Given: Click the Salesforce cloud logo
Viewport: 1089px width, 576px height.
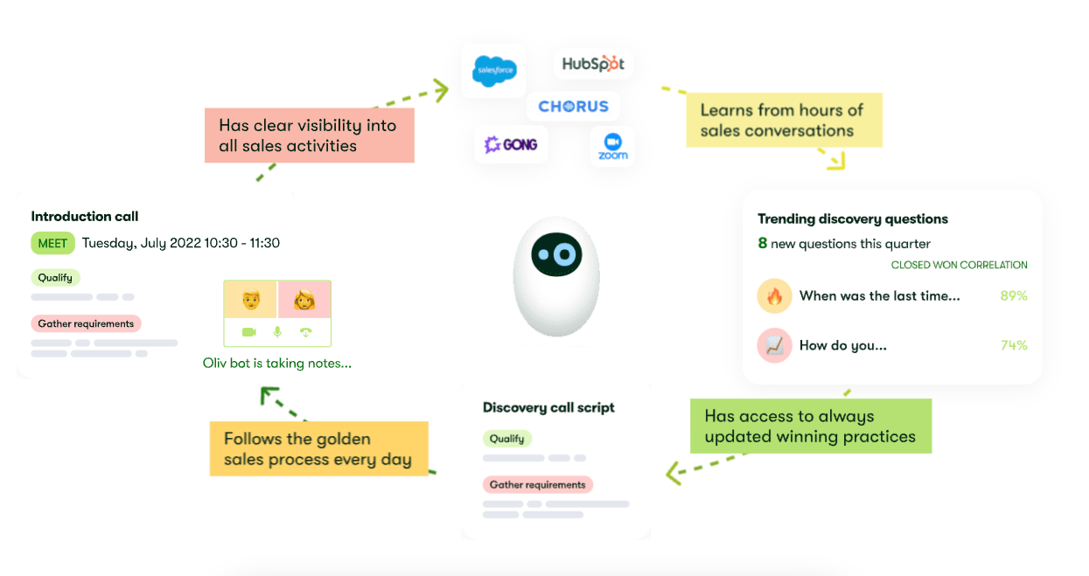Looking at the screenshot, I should point(494,70).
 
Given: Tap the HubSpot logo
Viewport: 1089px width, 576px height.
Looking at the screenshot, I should point(593,64).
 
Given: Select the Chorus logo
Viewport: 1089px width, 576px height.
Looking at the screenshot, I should point(573,107).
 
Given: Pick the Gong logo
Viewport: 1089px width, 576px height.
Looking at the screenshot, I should point(511,144).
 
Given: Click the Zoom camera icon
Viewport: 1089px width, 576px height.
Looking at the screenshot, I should point(612,142).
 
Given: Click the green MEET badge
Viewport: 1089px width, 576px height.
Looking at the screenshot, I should point(52,243).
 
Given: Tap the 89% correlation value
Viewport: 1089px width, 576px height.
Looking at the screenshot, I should point(1014,296).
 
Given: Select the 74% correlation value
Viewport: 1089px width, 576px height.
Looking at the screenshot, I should point(1014,345).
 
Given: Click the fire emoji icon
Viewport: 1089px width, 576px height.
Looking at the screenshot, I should point(774,296).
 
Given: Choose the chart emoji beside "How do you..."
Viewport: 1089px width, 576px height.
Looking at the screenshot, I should point(774,346).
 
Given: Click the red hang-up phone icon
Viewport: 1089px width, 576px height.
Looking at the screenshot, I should point(305,332).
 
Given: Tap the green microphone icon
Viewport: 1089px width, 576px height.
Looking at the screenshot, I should point(277,332).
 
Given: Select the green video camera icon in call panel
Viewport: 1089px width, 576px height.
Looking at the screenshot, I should point(249,332).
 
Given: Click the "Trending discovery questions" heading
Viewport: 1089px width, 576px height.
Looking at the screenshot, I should point(852,219).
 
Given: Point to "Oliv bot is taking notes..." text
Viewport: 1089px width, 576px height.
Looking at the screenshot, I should point(277,363).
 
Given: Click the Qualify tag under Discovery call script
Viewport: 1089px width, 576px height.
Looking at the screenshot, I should point(507,439).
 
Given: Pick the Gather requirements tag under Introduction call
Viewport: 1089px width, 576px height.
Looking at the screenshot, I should point(86,323).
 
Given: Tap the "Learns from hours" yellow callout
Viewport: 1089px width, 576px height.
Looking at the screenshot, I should point(784,121).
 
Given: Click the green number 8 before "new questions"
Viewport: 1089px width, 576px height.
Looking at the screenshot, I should point(763,244).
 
